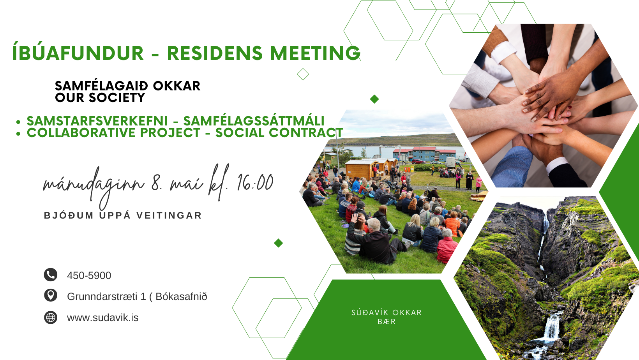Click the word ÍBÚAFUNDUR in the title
coord(78,53)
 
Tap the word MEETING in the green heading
coord(315,53)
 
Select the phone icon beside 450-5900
coord(51,275)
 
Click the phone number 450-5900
coord(89,275)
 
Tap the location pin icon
coord(51,296)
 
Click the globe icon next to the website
coord(51,317)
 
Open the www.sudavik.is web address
coord(103,318)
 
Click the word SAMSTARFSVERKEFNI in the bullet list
coord(97,121)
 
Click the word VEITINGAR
coord(169,215)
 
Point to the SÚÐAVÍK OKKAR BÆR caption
coord(387,317)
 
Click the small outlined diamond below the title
coord(303,74)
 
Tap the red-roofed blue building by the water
coord(424,154)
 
